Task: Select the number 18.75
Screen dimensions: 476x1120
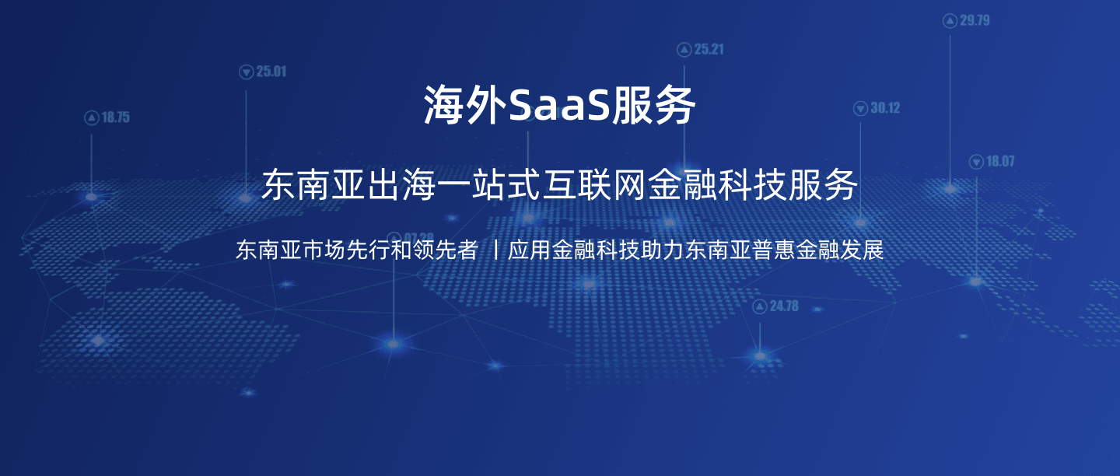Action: (115, 118)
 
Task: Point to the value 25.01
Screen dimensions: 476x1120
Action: (271, 72)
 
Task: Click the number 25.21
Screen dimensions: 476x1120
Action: (709, 50)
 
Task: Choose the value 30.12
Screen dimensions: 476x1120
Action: (885, 108)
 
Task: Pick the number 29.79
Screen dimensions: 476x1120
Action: (975, 21)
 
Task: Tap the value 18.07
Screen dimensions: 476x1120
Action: (1000, 162)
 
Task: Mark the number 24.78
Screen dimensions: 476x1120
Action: (784, 306)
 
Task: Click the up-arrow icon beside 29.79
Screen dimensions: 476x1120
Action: (950, 21)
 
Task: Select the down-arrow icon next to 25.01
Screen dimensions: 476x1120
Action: (247, 72)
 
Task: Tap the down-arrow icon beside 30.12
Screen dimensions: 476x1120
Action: (860, 109)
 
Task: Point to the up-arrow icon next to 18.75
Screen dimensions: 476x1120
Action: (91, 118)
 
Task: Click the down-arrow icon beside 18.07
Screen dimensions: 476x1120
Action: (976, 162)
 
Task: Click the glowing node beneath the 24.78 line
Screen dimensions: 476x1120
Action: (760, 355)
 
